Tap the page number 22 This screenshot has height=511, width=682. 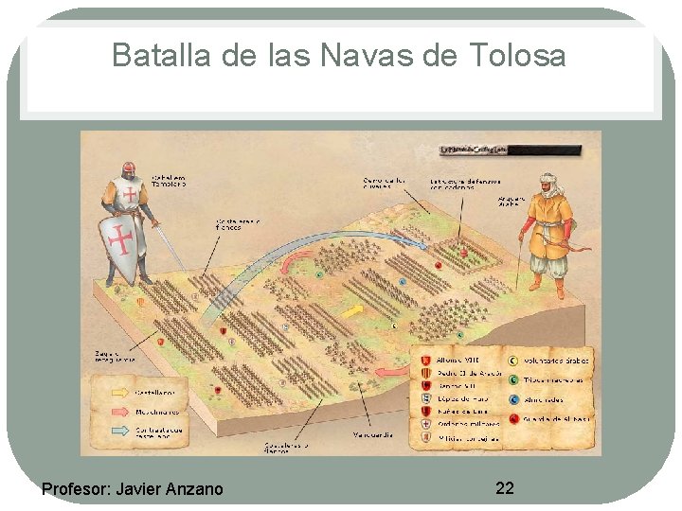(505, 487)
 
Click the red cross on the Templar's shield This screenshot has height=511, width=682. (120, 240)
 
